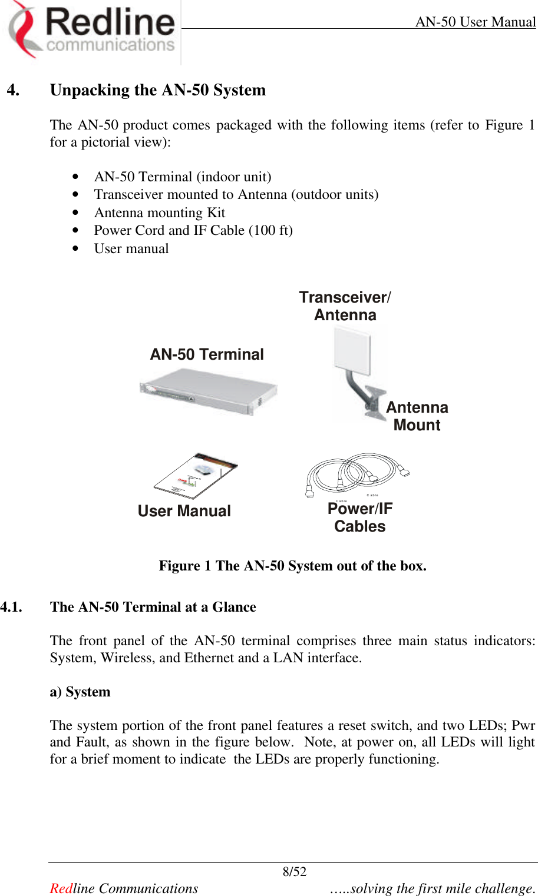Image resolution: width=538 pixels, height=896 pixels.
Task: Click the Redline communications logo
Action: pyautogui.click(x=91, y=31)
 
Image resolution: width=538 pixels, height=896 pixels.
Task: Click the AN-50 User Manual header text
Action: pyautogui.click(x=475, y=22)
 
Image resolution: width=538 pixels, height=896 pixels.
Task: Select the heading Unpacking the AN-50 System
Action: pyautogui.click(x=157, y=90)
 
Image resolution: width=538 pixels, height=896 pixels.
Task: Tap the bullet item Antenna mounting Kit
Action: pyautogui.click(x=159, y=213)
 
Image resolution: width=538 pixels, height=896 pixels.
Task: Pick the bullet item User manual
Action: pyautogui.click(x=131, y=248)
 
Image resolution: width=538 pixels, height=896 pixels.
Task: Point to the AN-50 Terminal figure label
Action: pyautogui.click(x=207, y=354)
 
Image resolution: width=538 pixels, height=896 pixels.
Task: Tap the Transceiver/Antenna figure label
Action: pyautogui.click(x=345, y=306)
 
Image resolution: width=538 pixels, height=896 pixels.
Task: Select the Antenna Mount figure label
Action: pyautogui.click(x=417, y=416)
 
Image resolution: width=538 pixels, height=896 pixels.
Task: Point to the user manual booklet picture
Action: pyautogui.click(x=196, y=476)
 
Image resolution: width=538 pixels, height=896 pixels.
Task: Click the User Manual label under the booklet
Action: pyautogui.click(x=184, y=511)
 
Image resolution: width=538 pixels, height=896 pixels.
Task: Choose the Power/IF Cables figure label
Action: pyautogui.click(x=359, y=517)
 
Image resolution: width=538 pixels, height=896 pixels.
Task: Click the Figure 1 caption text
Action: pyautogui.click(x=292, y=566)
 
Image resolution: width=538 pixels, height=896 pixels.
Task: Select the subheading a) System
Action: pyautogui.click(x=80, y=692)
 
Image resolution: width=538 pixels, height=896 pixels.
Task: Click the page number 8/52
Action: pyautogui.click(x=295, y=872)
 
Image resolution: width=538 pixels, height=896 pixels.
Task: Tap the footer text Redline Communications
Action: pyautogui.click(x=124, y=888)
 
